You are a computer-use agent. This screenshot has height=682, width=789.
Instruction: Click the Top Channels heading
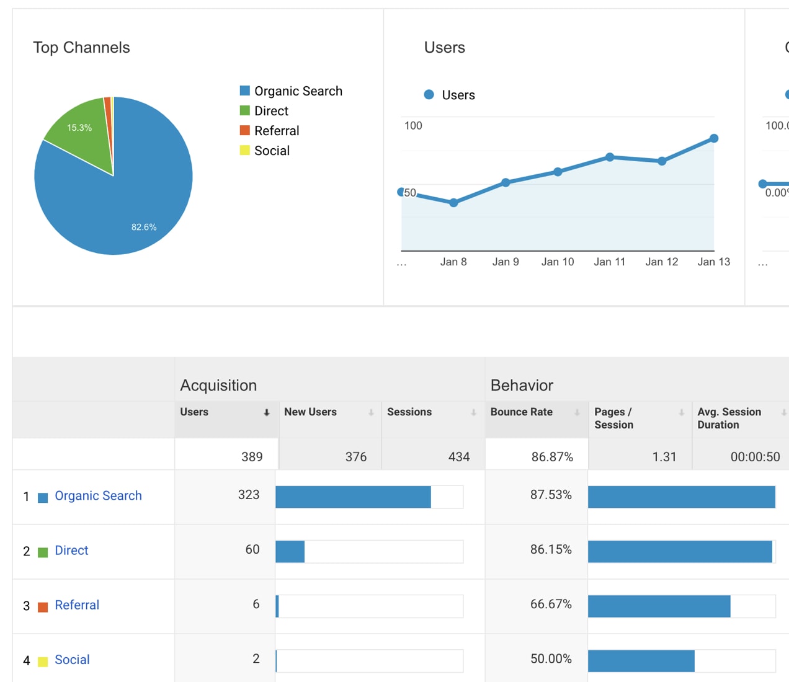[x=81, y=48]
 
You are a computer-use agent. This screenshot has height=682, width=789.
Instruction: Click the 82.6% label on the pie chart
[x=144, y=227]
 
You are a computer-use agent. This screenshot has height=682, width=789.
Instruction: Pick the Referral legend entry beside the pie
[x=276, y=131]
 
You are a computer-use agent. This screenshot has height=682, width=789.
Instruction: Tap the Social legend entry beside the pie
[x=271, y=151]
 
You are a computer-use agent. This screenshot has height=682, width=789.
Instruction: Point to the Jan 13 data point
[x=714, y=138]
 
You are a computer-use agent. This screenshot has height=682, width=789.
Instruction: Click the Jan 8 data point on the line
[x=453, y=203]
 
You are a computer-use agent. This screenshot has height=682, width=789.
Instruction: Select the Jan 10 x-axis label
[x=558, y=262]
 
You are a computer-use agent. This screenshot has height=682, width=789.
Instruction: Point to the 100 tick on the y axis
[x=413, y=126]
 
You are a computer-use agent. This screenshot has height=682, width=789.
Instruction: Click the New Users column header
[x=310, y=412]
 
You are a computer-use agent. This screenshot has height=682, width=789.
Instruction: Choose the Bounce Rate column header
[x=521, y=412]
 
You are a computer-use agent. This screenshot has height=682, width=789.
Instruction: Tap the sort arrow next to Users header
[x=267, y=413]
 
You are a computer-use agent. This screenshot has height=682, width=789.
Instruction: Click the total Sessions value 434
[x=458, y=457]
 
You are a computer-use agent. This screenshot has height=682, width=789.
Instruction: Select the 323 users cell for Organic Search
[x=249, y=495]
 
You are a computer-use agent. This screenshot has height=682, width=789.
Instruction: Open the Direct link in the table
[x=71, y=551]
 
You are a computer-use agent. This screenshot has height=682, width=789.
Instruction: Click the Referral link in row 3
[x=77, y=605]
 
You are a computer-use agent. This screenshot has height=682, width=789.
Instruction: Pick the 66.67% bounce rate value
[x=551, y=604]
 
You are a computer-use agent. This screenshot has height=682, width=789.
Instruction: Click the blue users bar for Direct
[x=290, y=552]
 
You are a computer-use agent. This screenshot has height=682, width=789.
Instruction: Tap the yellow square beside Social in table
[x=43, y=662]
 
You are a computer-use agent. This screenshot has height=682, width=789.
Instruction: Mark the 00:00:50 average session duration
[x=755, y=457]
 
